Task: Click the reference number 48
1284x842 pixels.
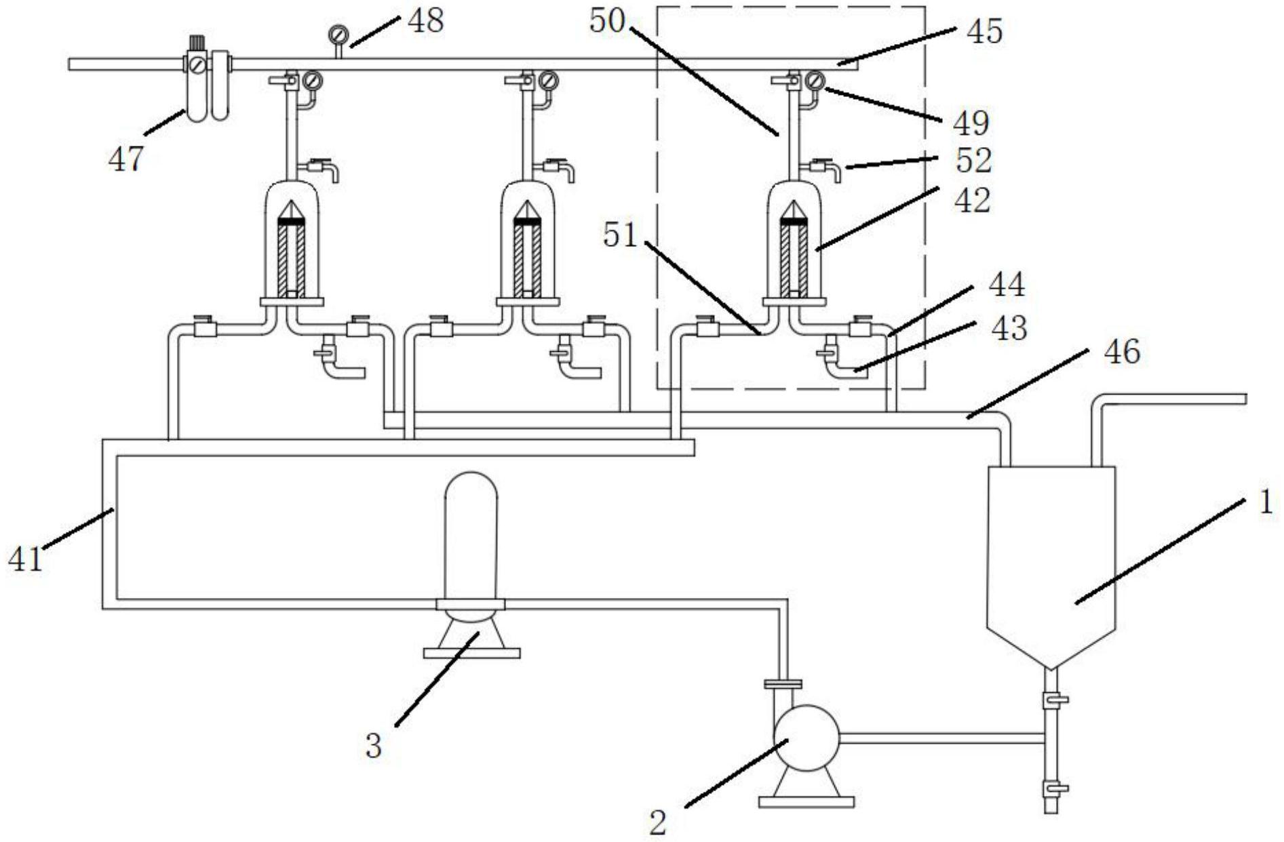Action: pos(425,20)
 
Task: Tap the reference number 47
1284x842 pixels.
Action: pos(126,159)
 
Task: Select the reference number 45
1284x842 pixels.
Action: pos(984,31)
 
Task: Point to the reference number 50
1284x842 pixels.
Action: pos(606,20)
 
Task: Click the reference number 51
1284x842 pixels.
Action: pos(621,235)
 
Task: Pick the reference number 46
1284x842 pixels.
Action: pos(1122,352)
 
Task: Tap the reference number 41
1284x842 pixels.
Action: pos(25,560)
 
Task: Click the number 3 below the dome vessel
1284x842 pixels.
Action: pos(374,745)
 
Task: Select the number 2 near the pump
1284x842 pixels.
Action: pos(658,822)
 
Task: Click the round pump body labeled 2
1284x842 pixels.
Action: pos(806,738)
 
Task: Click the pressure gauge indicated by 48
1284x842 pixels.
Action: pos(337,34)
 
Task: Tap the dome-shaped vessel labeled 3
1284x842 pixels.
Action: pos(471,536)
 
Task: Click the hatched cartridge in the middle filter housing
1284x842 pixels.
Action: pos(527,261)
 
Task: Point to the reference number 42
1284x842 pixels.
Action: pos(973,201)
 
